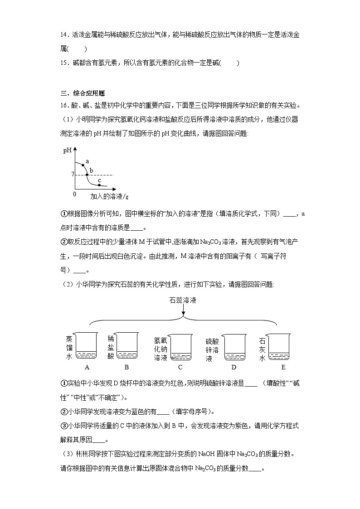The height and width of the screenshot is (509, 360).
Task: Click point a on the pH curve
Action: coord(83,165)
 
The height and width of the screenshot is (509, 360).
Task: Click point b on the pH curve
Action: coord(87,175)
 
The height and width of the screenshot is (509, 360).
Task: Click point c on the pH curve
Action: coord(99,185)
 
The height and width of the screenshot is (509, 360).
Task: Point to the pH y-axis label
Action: coord(68,150)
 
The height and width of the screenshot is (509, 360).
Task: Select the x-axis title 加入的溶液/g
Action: coord(109,196)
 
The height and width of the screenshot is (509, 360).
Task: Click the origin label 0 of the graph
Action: coord(74,194)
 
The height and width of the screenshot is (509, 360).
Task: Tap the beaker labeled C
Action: coord(180,348)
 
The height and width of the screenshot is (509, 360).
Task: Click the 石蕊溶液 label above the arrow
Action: coord(183,301)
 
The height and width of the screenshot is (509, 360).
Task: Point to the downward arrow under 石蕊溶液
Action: coord(183,311)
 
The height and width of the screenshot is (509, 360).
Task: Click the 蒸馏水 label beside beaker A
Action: coord(69,348)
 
